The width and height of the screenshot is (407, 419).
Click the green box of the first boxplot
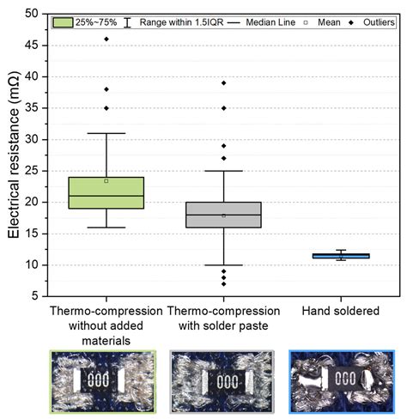[x=106, y=193]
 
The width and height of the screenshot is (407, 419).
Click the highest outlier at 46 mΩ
[x=106, y=39]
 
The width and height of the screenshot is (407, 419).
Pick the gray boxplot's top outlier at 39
[x=223, y=83]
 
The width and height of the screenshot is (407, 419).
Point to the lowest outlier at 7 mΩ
[x=223, y=283]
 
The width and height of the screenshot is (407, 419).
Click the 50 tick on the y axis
[x=31, y=14]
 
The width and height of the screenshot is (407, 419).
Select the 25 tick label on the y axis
[x=31, y=171]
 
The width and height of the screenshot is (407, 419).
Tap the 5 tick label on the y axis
[x=34, y=296]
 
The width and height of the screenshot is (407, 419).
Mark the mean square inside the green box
[x=106, y=181]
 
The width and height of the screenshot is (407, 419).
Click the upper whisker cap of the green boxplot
[x=106, y=133]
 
